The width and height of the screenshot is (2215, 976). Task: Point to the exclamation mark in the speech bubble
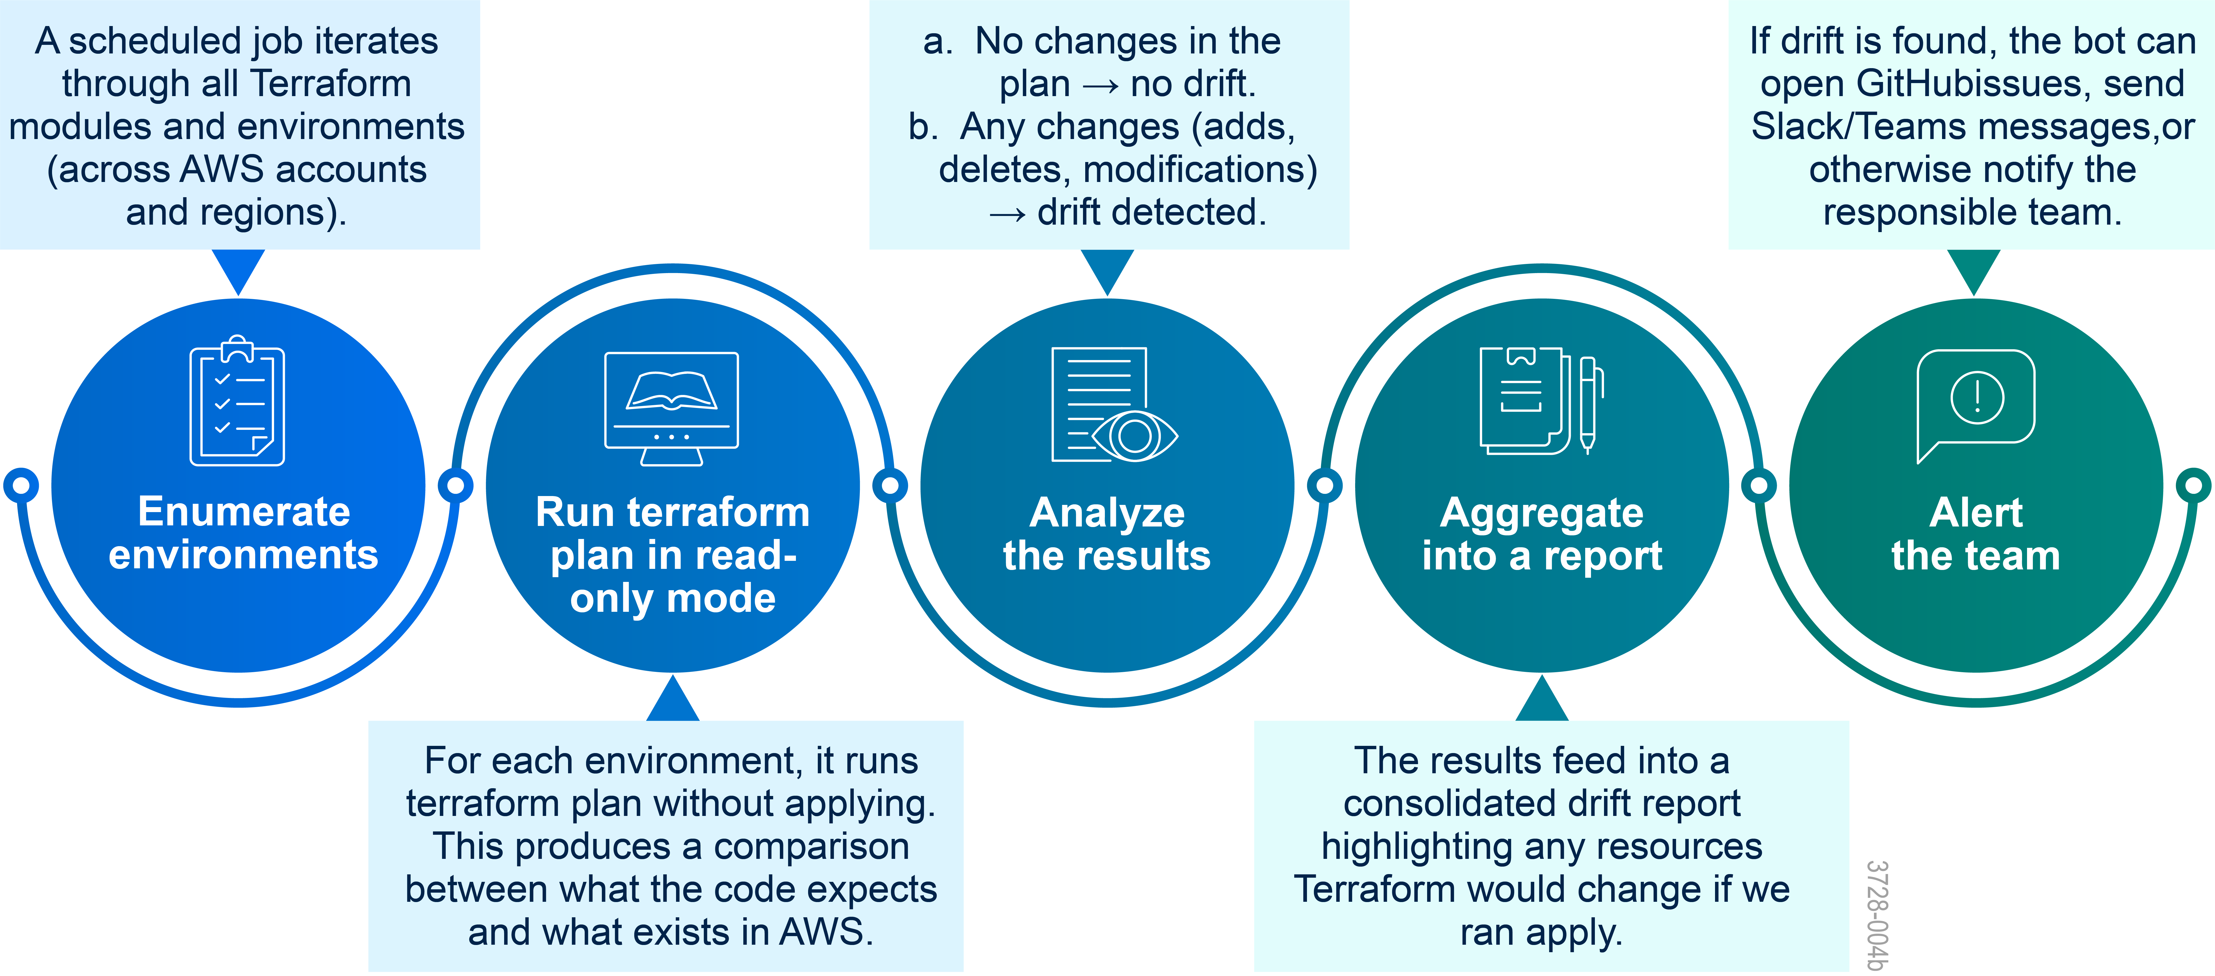(1977, 397)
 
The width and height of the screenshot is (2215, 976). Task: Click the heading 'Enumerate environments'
(243, 533)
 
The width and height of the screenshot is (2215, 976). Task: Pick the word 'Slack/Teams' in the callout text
(1857, 126)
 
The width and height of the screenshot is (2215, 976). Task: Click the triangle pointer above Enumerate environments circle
(238, 270)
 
